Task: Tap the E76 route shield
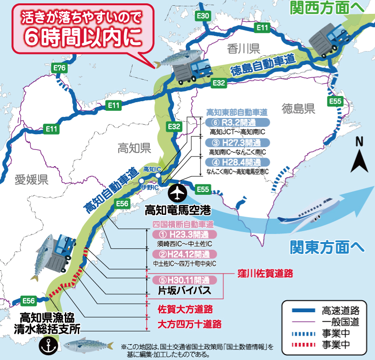[60, 69]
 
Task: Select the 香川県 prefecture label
[243, 48]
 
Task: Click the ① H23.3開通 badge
[184, 235]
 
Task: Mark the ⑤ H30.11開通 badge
[184, 280]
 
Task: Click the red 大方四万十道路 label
[189, 324]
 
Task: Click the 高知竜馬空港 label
[177, 210]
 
